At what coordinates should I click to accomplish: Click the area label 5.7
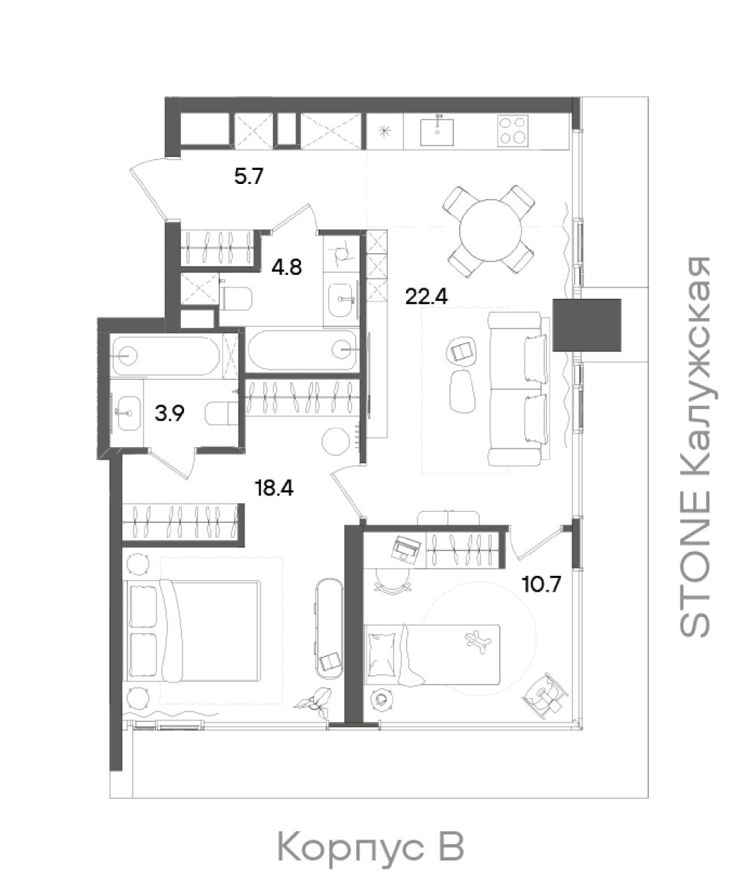(x=248, y=176)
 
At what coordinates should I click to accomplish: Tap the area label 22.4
(x=426, y=297)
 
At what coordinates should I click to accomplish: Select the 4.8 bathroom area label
(x=286, y=267)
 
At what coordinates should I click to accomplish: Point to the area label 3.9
(x=170, y=413)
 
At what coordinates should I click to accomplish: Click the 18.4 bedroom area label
(x=274, y=488)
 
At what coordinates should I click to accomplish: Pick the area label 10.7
(x=541, y=583)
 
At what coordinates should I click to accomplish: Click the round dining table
(x=490, y=231)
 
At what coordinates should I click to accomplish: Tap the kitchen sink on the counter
(x=437, y=132)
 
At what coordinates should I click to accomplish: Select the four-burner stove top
(x=513, y=130)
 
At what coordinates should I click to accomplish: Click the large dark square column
(x=587, y=325)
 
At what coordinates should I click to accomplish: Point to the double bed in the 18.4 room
(x=192, y=630)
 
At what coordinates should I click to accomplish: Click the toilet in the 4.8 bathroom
(x=236, y=298)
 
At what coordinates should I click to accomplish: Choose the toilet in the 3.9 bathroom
(x=222, y=413)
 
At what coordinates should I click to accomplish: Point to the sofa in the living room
(x=518, y=389)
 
